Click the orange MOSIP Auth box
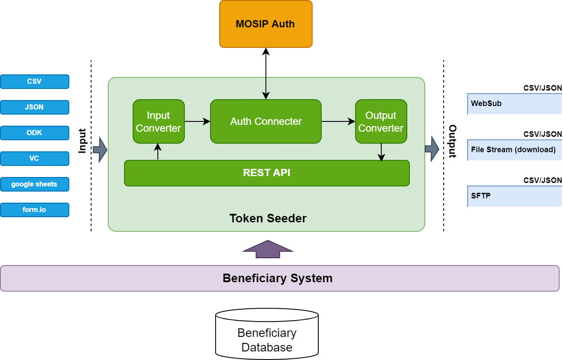click(x=266, y=24)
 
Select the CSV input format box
click(x=34, y=82)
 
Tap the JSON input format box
click(x=34, y=107)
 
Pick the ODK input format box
click(x=34, y=133)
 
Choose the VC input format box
click(x=34, y=159)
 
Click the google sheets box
click(x=34, y=184)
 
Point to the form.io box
click(x=34, y=210)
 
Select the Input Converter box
click(x=158, y=121)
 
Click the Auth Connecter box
click(x=266, y=121)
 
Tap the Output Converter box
click(x=381, y=121)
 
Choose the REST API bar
click(x=267, y=173)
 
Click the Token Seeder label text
click(x=268, y=218)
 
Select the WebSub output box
click(x=514, y=104)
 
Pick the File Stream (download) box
click(x=514, y=150)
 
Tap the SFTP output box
click(x=514, y=196)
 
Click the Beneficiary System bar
click(x=279, y=278)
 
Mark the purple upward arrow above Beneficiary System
click(x=268, y=249)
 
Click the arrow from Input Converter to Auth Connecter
click(x=197, y=121)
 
